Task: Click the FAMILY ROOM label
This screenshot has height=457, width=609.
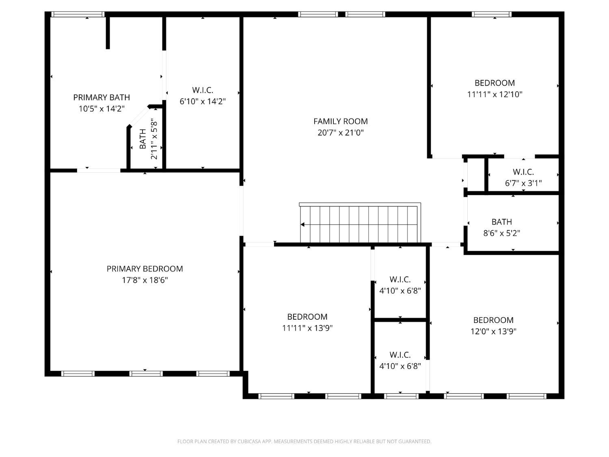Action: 340,121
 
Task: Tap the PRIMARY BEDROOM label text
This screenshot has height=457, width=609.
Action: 145,269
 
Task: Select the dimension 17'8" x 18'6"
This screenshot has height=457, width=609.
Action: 145,280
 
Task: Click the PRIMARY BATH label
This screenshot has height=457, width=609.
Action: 101,97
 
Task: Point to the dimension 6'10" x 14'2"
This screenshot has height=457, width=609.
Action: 203,102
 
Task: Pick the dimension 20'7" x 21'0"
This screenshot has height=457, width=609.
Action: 340,132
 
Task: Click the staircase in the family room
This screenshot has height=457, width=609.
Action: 360,223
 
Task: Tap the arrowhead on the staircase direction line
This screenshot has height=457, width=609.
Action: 302,224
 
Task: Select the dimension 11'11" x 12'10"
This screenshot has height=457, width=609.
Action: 495,94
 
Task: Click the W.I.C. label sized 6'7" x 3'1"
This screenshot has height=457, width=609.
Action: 523,172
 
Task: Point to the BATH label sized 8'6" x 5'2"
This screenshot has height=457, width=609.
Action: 501,222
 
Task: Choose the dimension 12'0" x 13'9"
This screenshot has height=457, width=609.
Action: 493,331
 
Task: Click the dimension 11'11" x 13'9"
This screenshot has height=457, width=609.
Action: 307,328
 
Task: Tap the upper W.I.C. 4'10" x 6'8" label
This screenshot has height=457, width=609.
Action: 400,279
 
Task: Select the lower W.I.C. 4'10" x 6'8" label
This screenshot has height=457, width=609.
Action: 400,355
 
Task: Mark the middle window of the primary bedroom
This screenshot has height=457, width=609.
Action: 145,373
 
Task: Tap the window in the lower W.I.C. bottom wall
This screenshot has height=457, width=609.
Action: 401,396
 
